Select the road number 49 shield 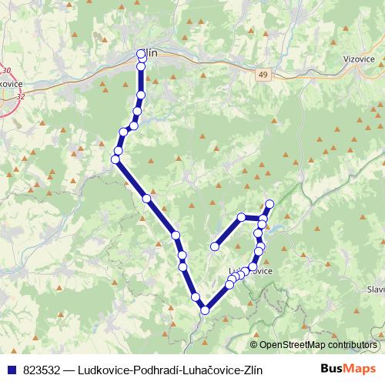click(x=265, y=74)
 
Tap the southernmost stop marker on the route click(x=205, y=310)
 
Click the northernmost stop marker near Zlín click(x=141, y=54)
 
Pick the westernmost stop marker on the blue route click(x=115, y=159)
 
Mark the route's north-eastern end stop click(x=269, y=204)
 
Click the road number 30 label click(x=6, y=71)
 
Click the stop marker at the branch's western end click(x=215, y=246)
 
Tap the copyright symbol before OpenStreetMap click(x=254, y=345)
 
